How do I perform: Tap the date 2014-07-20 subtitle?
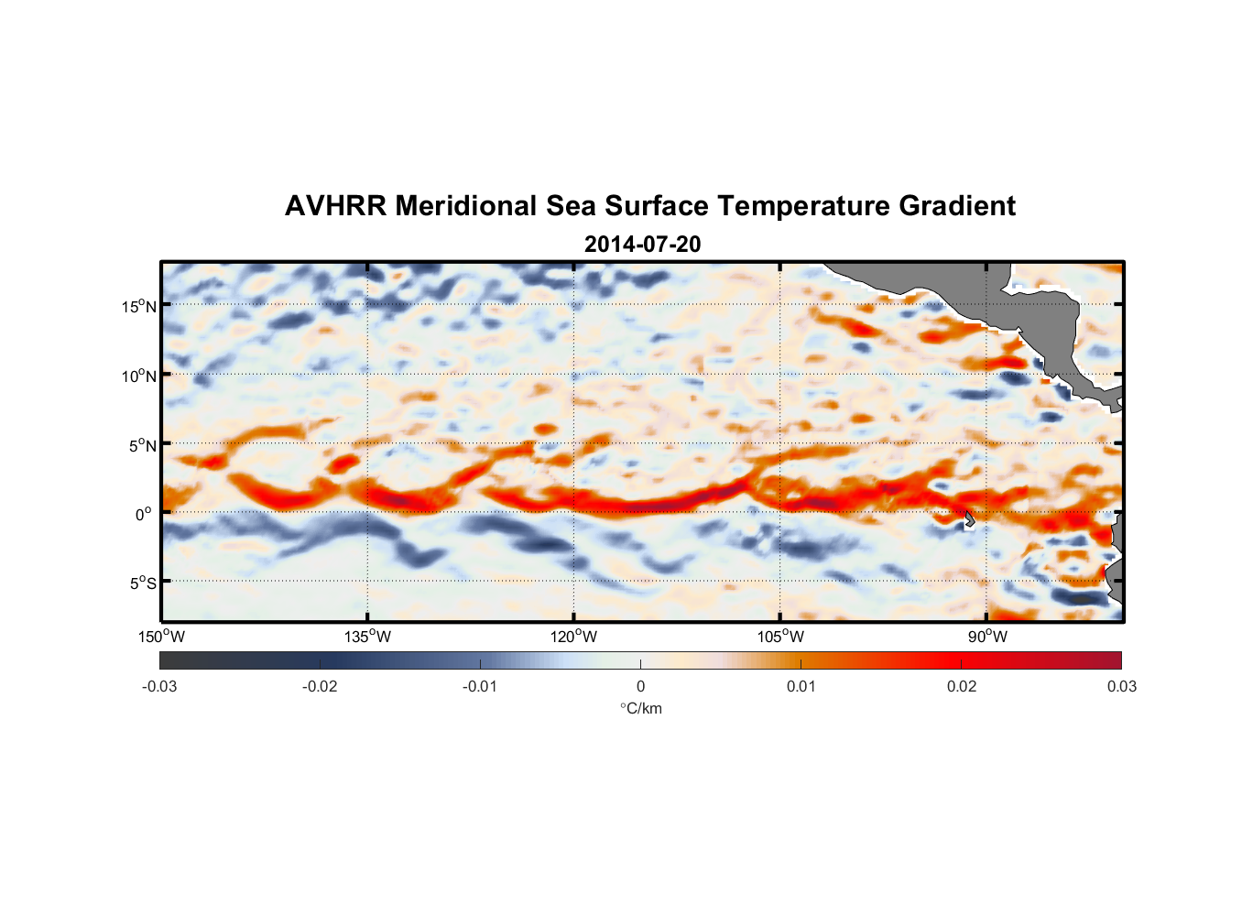click(x=642, y=245)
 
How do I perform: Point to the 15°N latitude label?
click(x=139, y=306)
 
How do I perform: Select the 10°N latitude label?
click(x=139, y=376)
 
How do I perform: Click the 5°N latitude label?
click(x=142, y=445)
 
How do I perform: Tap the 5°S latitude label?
click(x=142, y=583)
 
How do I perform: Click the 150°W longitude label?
click(x=161, y=637)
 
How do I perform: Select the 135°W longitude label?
click(x=367, y=637)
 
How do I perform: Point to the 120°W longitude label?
click(x=573, y=637)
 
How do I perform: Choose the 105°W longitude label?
click(x=780, y=637)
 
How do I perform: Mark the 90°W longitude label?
click(x=987, y=637)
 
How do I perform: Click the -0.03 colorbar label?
click(x=159, y=686)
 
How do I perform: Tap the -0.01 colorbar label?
click(x=480, y=686)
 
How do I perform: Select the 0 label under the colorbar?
click(x=640, y=686)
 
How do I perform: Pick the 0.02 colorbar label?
click(x=962, y=686)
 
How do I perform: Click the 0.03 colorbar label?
click(x=1121, y=686)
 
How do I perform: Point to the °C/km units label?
click(x=641, y=708)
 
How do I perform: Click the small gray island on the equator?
click(x=969, y=518)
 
